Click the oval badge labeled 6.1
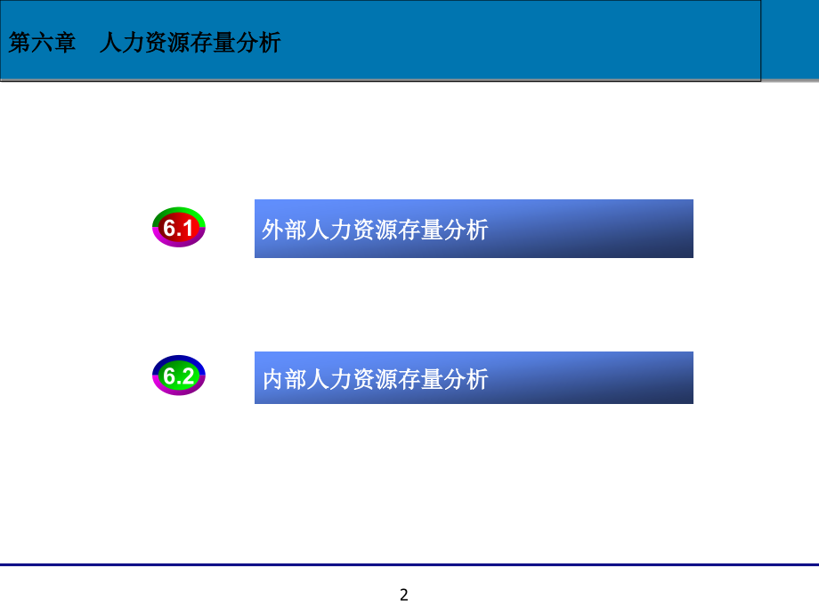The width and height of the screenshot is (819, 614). point(179,229)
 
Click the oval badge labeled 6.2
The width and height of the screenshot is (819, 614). point(179,376)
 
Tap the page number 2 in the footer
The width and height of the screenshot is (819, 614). point(404,594)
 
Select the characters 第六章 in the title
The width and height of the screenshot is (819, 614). point(42,43)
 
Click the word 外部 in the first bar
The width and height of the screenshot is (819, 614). point(284,230)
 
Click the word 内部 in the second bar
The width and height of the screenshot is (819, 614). point(284,379)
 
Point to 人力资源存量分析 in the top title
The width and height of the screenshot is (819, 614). point(190,43)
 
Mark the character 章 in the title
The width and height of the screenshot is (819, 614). point(65,43)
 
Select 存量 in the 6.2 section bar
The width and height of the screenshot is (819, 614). point(420,379)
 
